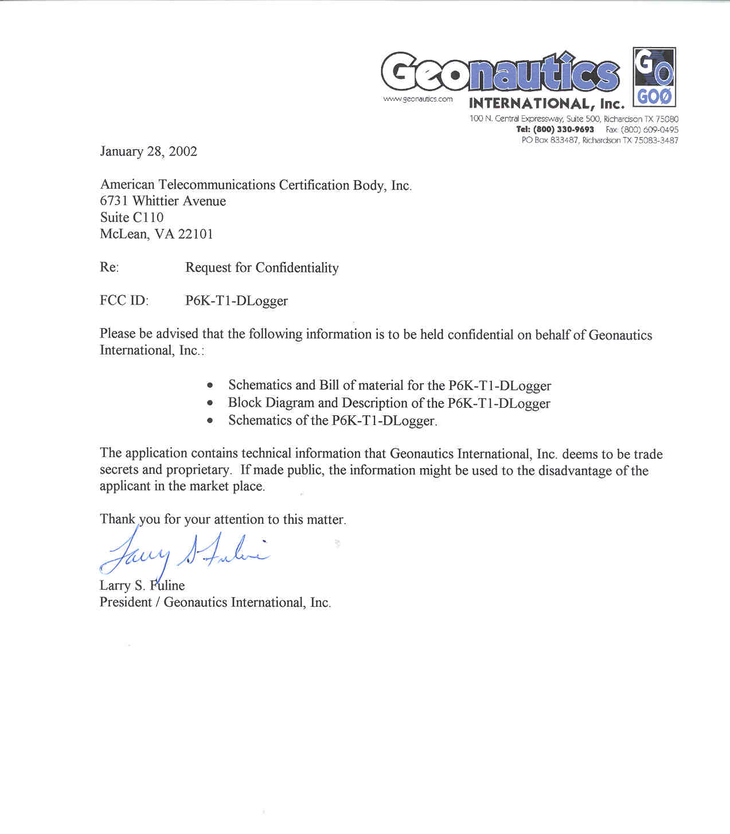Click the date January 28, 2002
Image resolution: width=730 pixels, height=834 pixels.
tap(149, 151)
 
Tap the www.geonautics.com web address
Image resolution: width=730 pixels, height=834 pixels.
tap(417, 99)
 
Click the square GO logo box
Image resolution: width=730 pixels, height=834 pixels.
tap(654, 77)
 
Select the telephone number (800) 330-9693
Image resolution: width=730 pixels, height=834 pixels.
tap(564, 130)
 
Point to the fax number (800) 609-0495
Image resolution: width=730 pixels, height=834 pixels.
tap(649, 130)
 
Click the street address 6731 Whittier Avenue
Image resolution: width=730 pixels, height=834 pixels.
tap(163, 201)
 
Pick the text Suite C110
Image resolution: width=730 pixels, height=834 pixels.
tap(132, 217)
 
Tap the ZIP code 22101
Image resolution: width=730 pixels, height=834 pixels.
tap(196, 234)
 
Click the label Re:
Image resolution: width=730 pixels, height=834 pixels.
tap(109, 267)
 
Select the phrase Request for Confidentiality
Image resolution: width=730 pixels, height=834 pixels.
tap(262, 268)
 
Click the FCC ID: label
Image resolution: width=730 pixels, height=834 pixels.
tap(124, 301)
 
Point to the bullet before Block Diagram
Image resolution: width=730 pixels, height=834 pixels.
tap(211, 403)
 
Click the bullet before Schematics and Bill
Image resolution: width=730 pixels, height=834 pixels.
tap(211, 385)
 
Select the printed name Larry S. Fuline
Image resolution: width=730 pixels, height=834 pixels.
tap(142, 586)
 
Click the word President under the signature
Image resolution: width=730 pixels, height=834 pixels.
tap(126, 602)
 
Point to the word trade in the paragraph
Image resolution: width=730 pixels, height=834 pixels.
tap(648, 454)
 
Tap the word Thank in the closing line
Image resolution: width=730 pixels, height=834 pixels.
tap(118, 519)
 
